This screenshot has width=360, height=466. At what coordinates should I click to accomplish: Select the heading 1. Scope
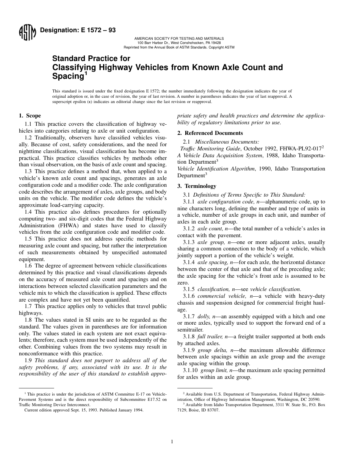30,116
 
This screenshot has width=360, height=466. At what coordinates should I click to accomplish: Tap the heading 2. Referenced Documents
210,133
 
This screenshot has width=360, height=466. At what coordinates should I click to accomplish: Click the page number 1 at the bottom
172,441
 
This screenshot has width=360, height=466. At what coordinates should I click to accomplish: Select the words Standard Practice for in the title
91,59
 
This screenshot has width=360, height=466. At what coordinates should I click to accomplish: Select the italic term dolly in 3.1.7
205,316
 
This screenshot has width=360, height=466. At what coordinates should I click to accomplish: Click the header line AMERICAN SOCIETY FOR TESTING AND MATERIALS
179,39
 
